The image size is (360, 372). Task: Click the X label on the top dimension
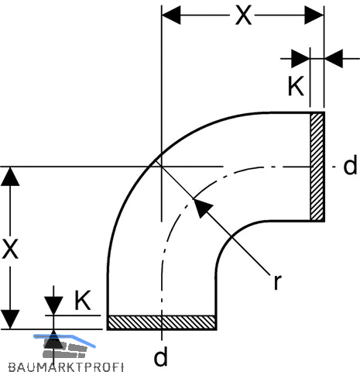(243, 15)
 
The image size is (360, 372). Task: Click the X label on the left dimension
(10, 249)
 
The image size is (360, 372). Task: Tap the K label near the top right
(296, 86)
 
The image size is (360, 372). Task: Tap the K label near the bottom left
(83, 300)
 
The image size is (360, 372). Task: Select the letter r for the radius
(277, 281)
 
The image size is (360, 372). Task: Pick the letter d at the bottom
(160, 356)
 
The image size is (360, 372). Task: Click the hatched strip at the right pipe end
(317, 167)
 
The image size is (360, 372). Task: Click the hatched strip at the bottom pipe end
(162, 322)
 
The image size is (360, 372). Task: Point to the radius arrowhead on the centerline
(202, 207)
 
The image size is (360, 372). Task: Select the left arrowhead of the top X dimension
(171, 15)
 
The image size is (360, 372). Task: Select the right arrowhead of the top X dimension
(314, 15)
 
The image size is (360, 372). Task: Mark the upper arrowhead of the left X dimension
(10, 177)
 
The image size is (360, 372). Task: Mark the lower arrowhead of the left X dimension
(10, 319)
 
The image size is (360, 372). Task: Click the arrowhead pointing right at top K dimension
(300, 59)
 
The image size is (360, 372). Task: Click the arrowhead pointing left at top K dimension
(334, 59)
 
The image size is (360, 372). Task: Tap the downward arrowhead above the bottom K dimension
(53, 306)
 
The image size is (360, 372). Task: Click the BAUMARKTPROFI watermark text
(66, 367)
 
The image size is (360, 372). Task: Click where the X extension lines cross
(162, 167)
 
